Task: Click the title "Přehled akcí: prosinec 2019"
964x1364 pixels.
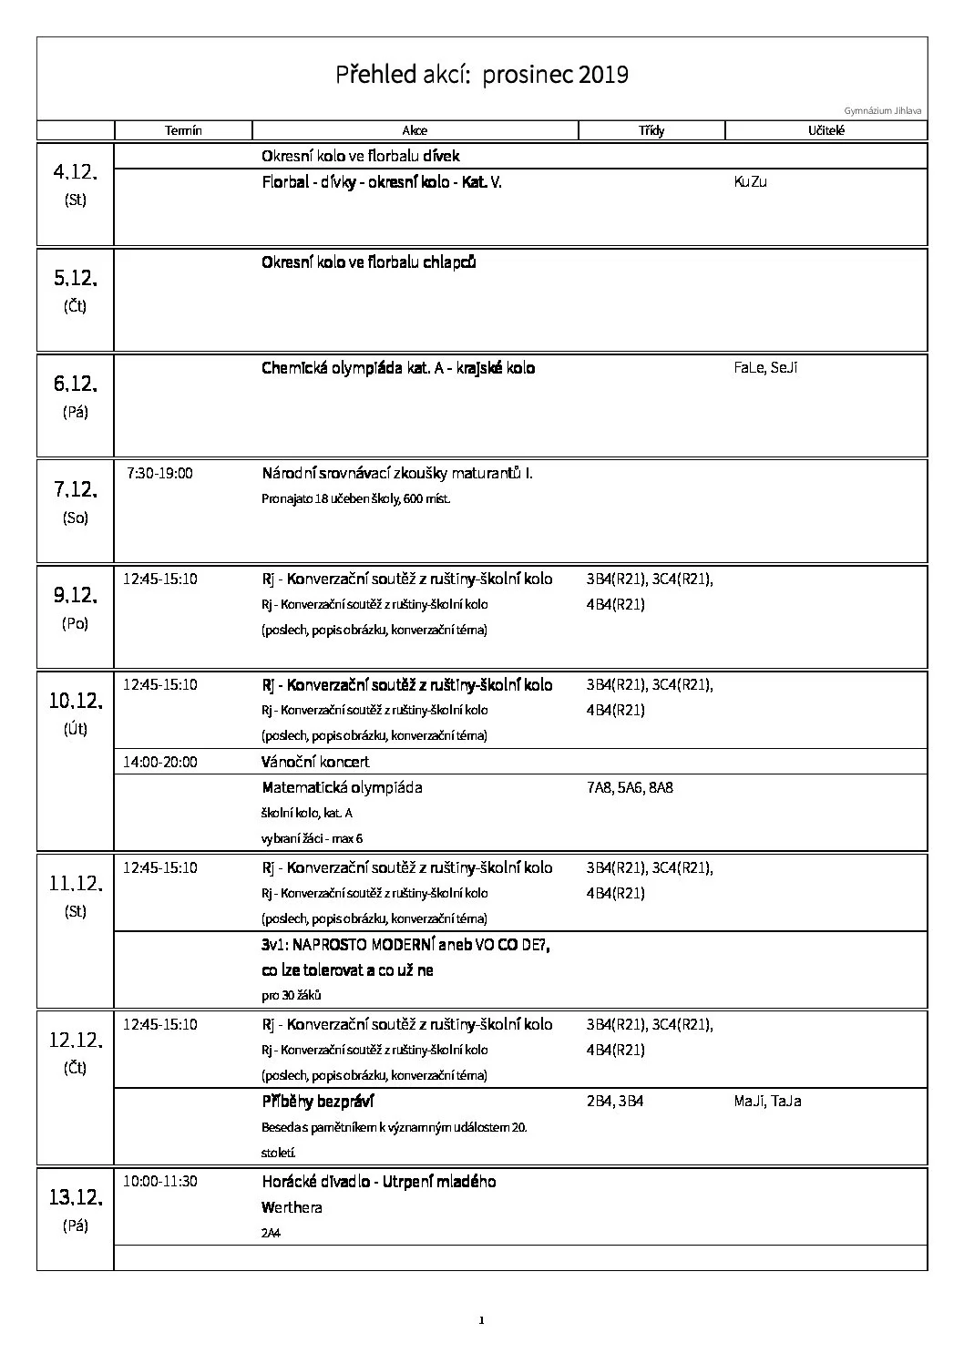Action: [x=482, y=74]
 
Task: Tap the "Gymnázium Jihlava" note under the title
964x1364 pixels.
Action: [x=882, y=111]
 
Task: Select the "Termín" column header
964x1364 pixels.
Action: [x=183, y=130]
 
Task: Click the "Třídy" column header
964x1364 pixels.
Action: [x=651, y=130]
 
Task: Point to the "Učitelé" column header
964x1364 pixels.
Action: [x=826, y=130]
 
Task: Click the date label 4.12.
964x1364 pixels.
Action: [x=76, y=172]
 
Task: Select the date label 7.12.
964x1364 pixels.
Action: [x=76, y=489]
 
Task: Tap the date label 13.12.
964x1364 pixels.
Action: [x=76, y=1197]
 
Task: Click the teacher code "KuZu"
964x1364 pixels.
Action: [x=750, y=181]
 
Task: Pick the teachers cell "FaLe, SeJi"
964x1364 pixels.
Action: [x=765, y=368]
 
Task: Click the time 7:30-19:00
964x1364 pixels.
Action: [x=159, y=474]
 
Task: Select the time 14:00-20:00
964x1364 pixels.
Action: [x=160, y=762]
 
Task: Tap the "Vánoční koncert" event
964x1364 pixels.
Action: [x=315, y=762]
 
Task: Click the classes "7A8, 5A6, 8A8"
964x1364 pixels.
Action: [x=630, y=787]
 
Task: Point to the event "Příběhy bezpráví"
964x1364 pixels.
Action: [x=318, y=1102]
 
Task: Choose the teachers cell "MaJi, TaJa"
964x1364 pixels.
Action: [x=767, y=1102]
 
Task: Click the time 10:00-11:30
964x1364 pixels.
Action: [x=160, y=1182]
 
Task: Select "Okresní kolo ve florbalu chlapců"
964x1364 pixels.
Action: [x=369, y=262]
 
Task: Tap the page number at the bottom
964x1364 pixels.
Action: [x=481, y=1320]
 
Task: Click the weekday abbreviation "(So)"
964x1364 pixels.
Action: [x=76, y=518]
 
